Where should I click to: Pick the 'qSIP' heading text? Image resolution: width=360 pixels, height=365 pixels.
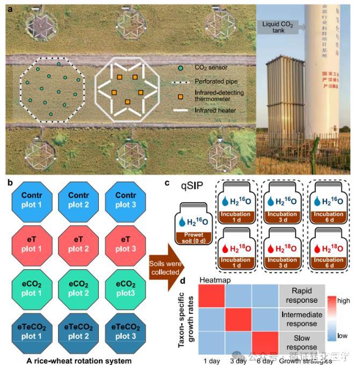pyautogui.click(x=186, y=184)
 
